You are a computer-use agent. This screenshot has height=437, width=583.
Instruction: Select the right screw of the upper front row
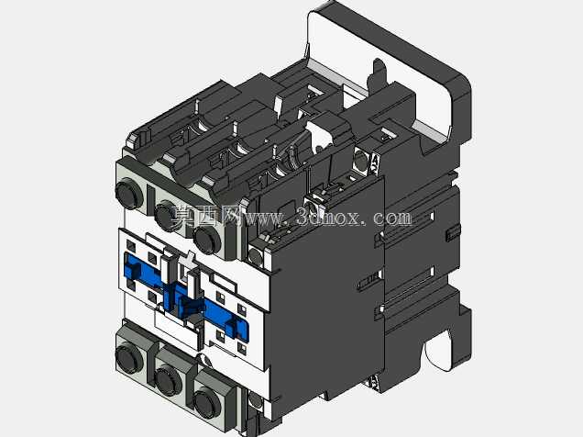(x=208, y=240)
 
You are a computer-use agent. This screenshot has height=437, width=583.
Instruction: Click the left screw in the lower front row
(x=129, y=358)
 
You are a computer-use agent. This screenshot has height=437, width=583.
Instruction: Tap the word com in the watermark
(x=392, y=218)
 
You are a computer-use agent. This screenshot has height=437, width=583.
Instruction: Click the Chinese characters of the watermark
(x=207, y=215)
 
